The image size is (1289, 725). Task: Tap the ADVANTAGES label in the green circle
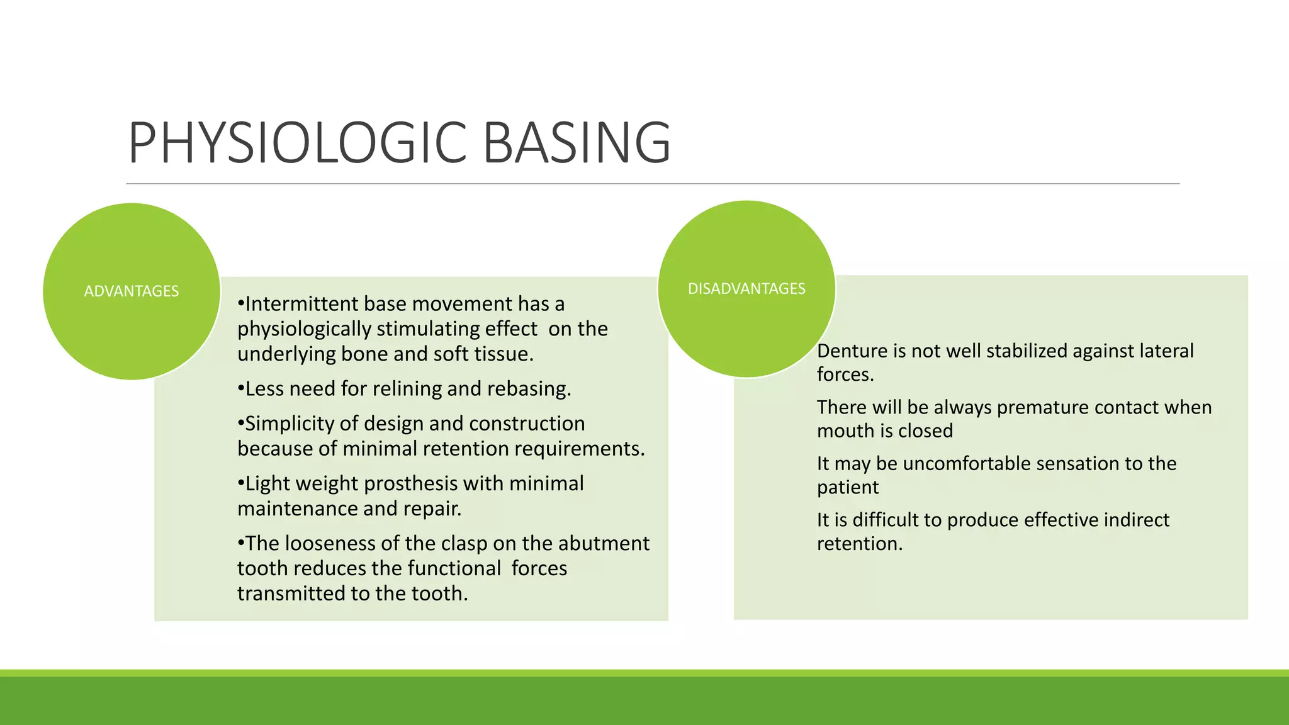(132, 291)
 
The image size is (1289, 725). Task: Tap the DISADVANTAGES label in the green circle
(746, 289)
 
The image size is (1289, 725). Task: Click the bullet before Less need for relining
(240, 389)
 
